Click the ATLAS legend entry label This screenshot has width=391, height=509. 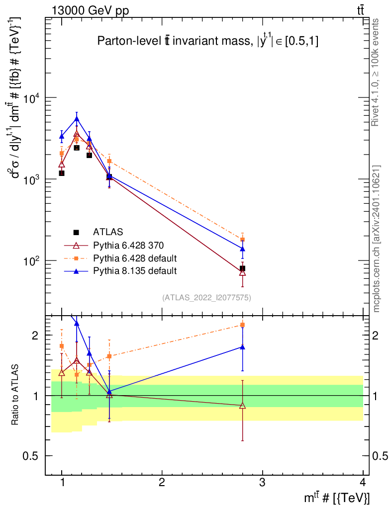coord(108,232)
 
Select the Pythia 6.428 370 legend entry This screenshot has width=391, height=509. coord(128,246)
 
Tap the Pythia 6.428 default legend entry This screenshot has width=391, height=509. coord(135,258)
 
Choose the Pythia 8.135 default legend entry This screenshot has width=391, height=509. coord(135,271)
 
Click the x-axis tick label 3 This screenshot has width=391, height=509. coord(262,482)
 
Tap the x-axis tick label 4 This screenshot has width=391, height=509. coord(363,482)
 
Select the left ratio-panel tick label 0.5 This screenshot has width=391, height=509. coord(30,456)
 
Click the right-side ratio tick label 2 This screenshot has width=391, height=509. coord(375,336)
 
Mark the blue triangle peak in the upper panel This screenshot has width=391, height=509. coord(77,119)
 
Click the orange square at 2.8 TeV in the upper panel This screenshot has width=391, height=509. coord(242,240)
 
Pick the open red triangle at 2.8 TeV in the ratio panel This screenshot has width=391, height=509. coord(242,406)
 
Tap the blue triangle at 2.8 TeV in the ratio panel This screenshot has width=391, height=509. coord(242,347)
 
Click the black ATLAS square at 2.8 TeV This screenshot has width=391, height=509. coord(242,268)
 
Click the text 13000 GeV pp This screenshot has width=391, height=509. coord(90,11)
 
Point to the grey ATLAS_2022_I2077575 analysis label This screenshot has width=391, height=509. coord(206,298)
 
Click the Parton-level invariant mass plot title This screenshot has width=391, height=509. coord(208,41)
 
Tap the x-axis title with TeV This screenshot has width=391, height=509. coord(337,498)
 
